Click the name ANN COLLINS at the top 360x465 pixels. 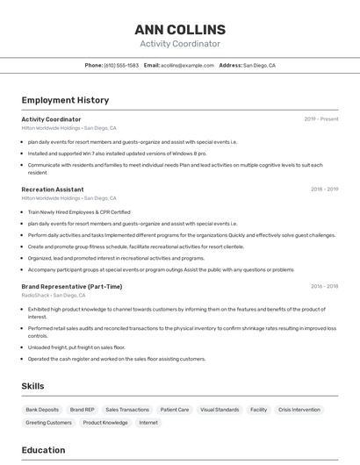click(x=180, y=30)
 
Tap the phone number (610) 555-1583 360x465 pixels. click(x=121, y=66)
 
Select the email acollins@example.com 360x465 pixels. click(x=188, y=66)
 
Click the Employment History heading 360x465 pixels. click(x=65, y=100)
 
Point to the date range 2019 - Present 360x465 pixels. click(x=321, y=119)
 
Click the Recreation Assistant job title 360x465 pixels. click(x=53, y=190)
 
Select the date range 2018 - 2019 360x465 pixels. click(x=324, y=190)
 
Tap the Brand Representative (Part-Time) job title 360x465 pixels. click(x=72, y=287)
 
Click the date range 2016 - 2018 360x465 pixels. click(x=324, y=287)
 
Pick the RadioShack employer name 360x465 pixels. click(x=36, y=296)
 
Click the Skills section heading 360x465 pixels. click(x=33, y=386)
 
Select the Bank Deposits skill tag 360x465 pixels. click(x=42, y=410)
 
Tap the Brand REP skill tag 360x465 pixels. click(x=83, y=410)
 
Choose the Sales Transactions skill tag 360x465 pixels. click(x=127, y=410)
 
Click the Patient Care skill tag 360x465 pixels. click(x=175, y=410)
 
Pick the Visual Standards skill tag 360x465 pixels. click(x=220, y=410)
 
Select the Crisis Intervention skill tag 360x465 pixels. click(x=299, y=410)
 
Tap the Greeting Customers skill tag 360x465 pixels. click(x=48, y=423)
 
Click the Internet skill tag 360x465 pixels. click(x=148, y=423)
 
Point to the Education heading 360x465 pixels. click(x=43, y=451)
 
